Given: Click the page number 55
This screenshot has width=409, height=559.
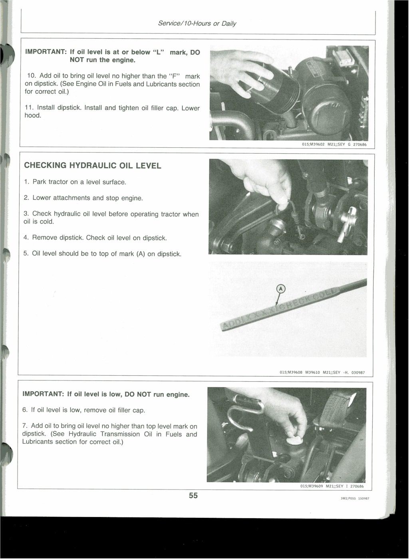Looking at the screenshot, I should (x=193, y=496).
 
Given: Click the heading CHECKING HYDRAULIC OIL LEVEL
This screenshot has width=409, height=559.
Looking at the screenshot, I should (x=93, y=166).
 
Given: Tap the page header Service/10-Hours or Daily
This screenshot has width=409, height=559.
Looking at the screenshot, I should (x=197, y=24).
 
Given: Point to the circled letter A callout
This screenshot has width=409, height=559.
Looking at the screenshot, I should (x=281, y=289).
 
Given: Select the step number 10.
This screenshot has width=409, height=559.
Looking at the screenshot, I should (x=31, y=76).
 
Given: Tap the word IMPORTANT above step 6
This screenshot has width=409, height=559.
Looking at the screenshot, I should (x=43, y=394).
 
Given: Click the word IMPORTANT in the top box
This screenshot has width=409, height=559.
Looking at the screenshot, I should (x=46, y=52).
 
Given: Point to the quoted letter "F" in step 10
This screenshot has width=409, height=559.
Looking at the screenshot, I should (x=176, y=76).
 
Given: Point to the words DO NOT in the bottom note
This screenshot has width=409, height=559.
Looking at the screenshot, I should (x=138, y=394).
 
